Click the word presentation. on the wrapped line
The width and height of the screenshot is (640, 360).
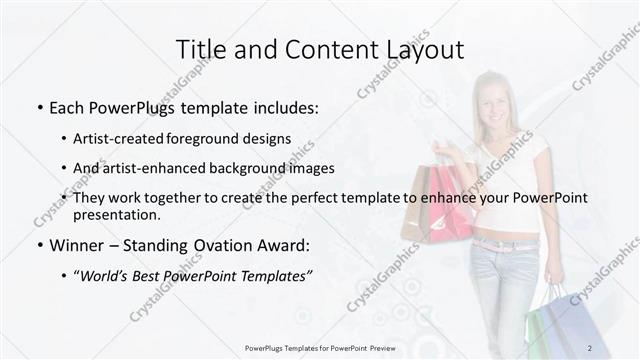[116, 215]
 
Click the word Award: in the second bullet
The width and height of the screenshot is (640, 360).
[283, 246]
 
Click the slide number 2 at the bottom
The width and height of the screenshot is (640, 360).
[589, 348]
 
